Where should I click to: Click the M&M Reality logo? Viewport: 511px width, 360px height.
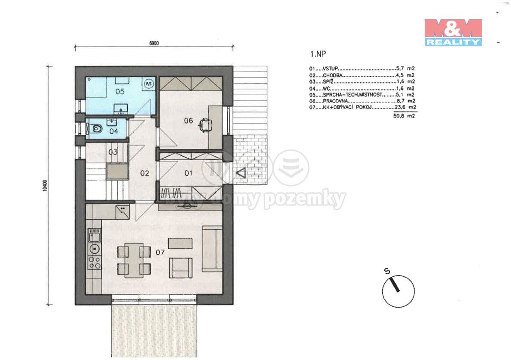click(x=453, y=32)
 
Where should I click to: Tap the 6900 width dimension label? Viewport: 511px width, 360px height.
click(x=154, y=43)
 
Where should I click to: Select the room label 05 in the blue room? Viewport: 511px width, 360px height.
click(x=120, y=91)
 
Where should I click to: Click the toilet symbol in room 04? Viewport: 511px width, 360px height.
click(x=96, y=128)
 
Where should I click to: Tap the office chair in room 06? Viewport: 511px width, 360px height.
click(x=206, y=125)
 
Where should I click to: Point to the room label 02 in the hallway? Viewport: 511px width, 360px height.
click(x=144, y=173)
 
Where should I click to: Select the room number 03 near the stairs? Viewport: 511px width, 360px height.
click(x=113, y=152)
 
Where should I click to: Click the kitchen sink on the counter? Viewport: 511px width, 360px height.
click(x=94, y=235)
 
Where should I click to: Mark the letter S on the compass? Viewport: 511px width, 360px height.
click(x=387, y=271)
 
